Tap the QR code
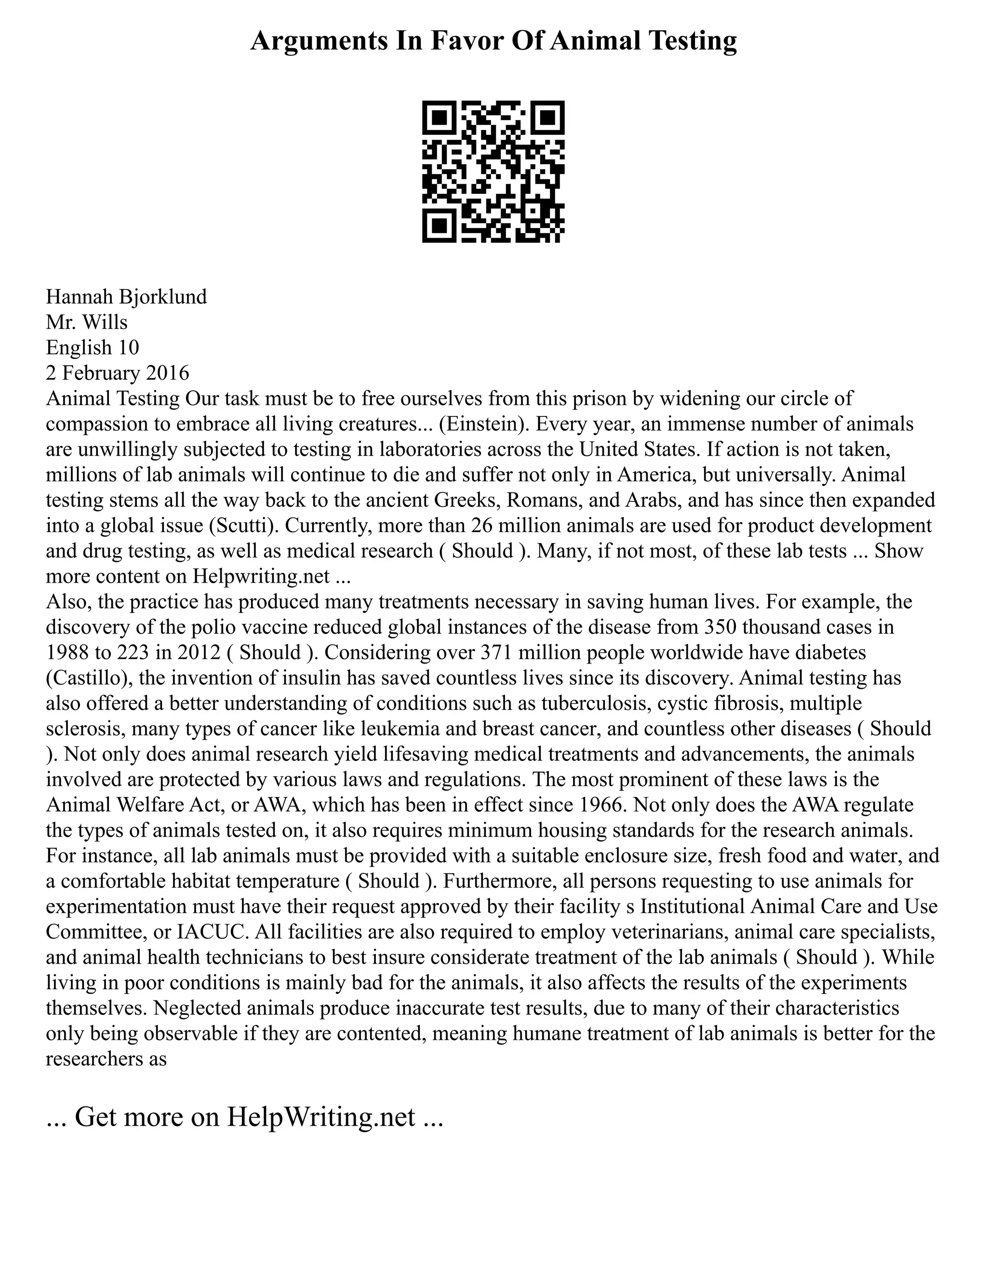coord(493,172)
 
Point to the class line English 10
coord(93,347)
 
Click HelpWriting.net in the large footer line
coord(321,1117)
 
